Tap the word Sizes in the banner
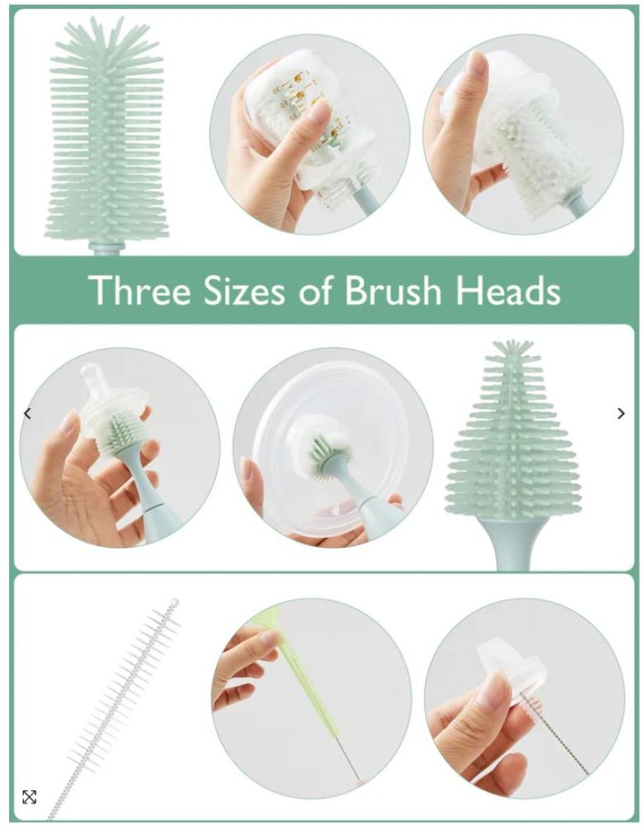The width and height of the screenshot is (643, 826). click(244, 290)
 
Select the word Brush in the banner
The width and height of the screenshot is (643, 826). click(393, 290)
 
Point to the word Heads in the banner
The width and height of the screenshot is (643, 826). click(508, 290)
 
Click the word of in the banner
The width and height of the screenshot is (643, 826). click(315, 290)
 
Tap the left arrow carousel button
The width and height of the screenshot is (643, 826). click(28, 414)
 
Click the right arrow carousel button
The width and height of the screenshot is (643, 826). click(621, 414)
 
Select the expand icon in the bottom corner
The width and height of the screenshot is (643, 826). click(30, 797)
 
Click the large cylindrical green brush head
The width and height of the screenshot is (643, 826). click(107, 131)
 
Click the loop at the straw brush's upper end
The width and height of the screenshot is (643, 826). click(174, 602)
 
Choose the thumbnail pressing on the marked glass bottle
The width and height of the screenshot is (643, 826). click(318, 112)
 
